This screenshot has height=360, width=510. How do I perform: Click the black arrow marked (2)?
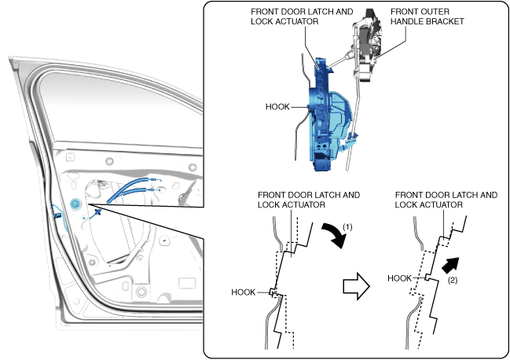point(451,264)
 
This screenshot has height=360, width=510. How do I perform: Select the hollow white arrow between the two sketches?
point(357,286)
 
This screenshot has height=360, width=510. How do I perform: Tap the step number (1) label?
point(347,227)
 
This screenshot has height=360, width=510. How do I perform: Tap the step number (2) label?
point(453,280)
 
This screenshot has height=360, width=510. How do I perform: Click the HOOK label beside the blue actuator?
point(277,107)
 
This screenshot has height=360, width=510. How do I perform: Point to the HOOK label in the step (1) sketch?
point(244,292)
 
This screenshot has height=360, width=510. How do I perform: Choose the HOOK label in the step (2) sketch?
point(400,278)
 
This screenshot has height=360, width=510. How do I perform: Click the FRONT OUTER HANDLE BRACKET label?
point(427,17)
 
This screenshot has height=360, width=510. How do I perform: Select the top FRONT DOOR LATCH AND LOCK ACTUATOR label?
point(302,17)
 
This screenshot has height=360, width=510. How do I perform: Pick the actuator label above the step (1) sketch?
point(309,200)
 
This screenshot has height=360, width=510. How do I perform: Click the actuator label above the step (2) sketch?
point(446,200)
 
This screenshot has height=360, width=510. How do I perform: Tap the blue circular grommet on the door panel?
point(75,204)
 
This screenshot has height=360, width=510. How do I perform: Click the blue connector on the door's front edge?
point(58,215)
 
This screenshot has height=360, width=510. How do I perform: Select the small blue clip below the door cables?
point(97,213)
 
